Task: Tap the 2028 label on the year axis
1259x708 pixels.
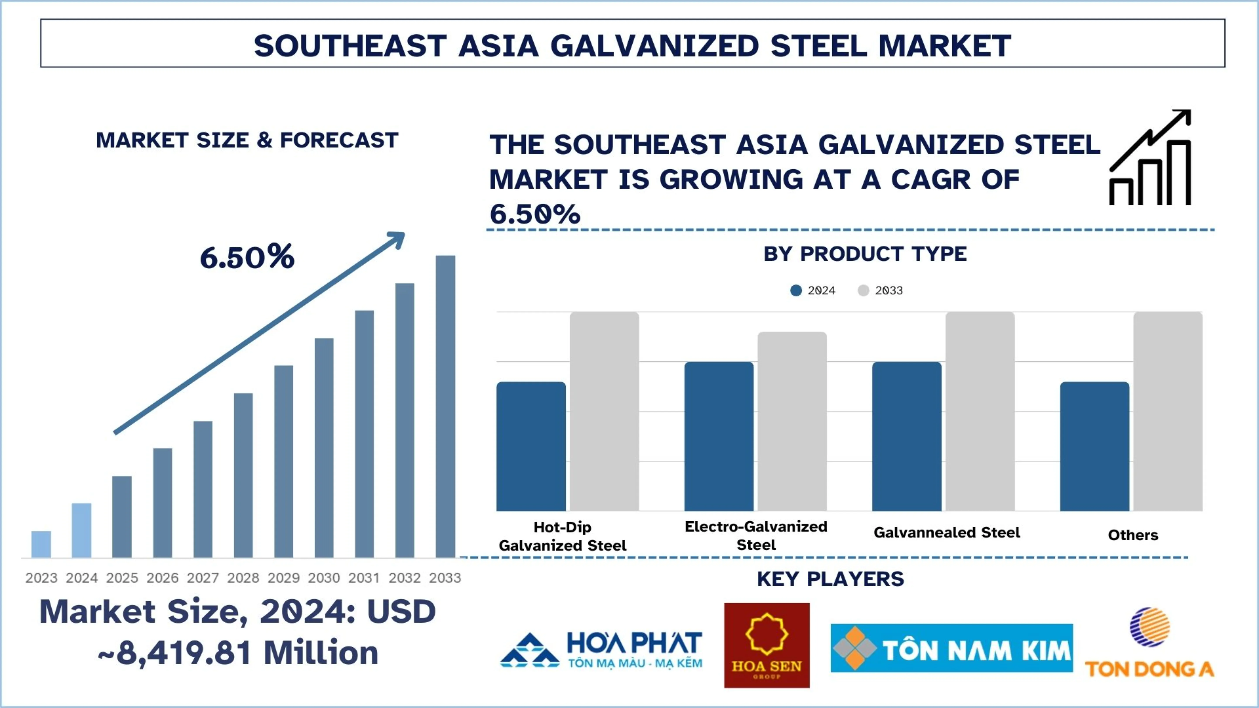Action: click(243, 578)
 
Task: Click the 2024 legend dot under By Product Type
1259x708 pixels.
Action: click(796, 291)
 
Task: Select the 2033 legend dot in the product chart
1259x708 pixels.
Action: click(863, 291)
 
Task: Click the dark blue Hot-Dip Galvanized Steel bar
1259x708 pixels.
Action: click(531, 446)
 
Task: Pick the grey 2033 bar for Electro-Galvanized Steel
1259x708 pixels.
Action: click(792, 421)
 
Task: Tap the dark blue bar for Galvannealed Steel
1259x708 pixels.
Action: click(907, 436)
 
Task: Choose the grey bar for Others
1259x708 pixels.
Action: click(1168, 411)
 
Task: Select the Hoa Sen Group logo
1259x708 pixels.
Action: click(766, 645)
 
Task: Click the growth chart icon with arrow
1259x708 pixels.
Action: click(1150, 157)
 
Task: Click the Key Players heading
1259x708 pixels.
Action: click(830, 579)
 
